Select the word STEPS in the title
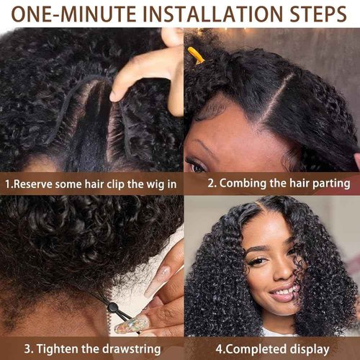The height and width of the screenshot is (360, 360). point(312,14)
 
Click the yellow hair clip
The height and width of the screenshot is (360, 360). point(195,55)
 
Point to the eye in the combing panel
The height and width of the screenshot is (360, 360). point(197,167)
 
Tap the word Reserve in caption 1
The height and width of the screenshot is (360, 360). point(37,184)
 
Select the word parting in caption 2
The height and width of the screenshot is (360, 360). point(329,184)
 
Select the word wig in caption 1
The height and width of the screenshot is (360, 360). point(148,184)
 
